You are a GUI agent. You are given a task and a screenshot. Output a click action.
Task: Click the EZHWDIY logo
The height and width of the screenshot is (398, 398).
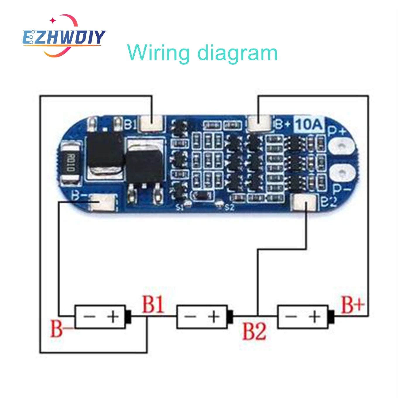(64, 36)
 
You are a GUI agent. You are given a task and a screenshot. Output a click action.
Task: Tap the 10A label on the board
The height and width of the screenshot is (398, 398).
(308, 124)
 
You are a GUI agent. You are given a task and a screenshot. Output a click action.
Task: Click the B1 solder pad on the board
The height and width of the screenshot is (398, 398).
(152, 123)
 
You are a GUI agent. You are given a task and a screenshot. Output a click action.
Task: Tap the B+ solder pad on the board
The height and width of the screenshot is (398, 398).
(259, 123)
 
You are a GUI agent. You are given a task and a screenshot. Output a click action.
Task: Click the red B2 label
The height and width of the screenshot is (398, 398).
(254, 331)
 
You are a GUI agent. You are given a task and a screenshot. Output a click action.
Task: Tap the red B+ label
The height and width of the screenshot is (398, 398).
(353, 305)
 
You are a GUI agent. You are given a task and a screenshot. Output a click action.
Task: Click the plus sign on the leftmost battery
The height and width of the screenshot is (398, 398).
(113, 317)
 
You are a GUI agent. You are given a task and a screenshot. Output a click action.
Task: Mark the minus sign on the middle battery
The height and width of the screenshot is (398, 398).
(191, 317)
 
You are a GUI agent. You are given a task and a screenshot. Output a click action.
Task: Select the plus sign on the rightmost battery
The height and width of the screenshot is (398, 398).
(315, 317)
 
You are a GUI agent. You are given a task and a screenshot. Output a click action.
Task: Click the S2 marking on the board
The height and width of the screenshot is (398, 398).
(230, 207)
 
